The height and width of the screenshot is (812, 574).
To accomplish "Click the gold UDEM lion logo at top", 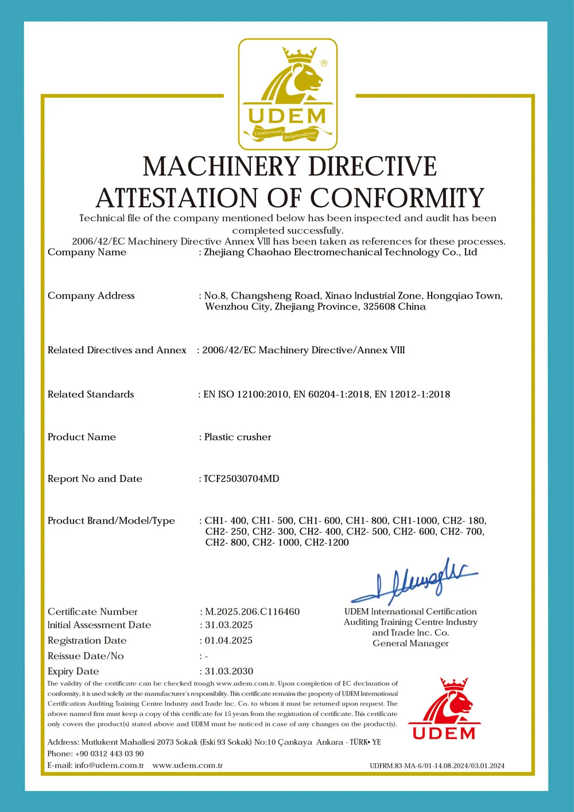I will tap(288, 94).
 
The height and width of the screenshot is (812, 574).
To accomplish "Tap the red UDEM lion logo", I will tap(444, 710).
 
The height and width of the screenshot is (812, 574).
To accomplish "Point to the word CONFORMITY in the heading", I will tap(397, 198).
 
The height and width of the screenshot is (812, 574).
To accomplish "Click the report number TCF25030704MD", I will tap(242, 479).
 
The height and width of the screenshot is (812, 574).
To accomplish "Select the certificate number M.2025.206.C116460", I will tap(252, 612).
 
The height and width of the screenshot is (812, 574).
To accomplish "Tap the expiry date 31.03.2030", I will tap(229, 671).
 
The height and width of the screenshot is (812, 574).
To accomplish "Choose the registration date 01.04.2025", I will tap(228, 640).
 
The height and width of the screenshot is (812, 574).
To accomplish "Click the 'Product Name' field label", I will tap(82, 437).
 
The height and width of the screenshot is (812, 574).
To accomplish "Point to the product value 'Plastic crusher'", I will tap(238, 437).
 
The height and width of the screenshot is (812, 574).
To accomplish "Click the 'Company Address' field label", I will tap(91, 296).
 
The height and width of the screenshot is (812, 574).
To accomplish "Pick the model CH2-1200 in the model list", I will tap(327, 543).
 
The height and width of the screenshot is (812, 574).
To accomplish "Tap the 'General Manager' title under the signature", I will tap(410, 643).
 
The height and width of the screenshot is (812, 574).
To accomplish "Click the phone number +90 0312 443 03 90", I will tap(109, 753).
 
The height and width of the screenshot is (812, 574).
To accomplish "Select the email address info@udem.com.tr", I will tap(109, 765).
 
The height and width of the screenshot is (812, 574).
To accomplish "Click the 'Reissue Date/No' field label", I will tap(86, 656).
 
